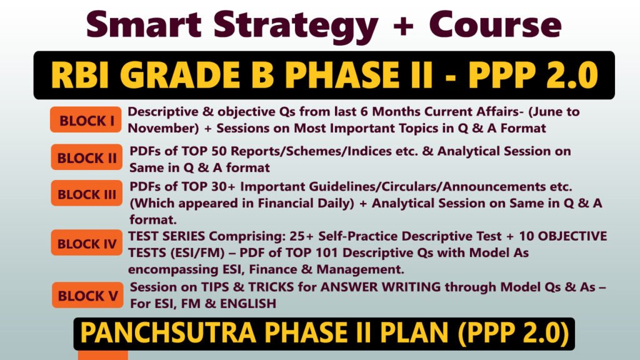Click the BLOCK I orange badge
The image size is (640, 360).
pos(86,121)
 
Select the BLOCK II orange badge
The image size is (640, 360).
pos(87,158)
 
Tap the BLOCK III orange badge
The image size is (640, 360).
pos(87,194)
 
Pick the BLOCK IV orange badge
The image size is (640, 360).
pos(87,244)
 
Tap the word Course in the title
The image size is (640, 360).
pos(494,25)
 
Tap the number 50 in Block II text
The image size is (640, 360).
pos(220,152)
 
